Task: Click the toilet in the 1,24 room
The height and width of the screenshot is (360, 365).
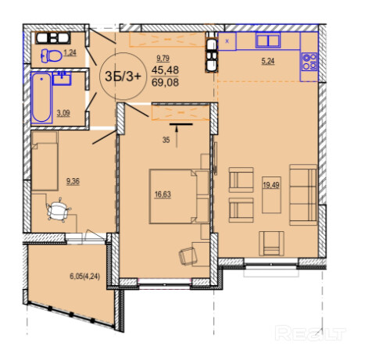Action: point(52,55)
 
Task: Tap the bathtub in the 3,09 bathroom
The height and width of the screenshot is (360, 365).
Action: point(41,98)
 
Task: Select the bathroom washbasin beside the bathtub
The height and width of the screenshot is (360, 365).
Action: point(62,78)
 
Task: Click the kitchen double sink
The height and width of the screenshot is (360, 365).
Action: point(268,41)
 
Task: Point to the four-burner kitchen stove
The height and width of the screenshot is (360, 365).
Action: point(310,62)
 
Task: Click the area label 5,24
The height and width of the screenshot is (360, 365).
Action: point(268,62)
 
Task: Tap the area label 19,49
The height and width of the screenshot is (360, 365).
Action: point(271,185)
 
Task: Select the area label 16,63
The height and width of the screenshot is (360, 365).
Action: point(163,194)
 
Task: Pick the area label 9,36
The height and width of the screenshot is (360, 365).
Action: point(73,181)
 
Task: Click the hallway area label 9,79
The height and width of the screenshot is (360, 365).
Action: point(163,59)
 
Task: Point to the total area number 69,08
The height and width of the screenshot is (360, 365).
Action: point(165,83)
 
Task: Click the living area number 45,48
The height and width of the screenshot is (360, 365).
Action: point(165,70)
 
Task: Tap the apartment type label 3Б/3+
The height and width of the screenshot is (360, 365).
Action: point(123,77)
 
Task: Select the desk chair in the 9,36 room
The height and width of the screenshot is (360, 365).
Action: point(58,210)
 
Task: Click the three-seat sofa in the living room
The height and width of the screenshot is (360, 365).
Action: point(303,194)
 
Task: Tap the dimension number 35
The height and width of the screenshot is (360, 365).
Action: point(166,140)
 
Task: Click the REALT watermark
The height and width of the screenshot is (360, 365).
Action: point(310,333)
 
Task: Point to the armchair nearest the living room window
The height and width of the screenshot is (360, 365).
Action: point(271,243)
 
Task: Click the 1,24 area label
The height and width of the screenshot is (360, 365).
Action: point(70,53)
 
